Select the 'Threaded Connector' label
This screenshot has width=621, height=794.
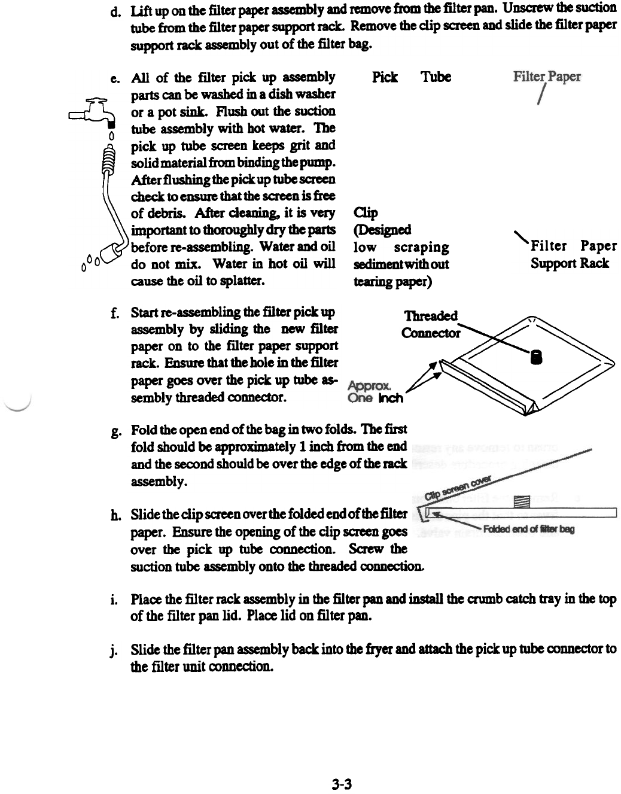(x=431, y=324)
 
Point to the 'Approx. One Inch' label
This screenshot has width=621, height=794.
(x=375, y=392)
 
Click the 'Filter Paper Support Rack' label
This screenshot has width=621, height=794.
(x=573, y=254)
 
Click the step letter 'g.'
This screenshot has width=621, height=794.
(x=113, y=431)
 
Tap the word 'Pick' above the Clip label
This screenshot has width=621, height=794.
(x=385, y=77)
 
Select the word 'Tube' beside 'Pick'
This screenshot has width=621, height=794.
(x=436, y=77)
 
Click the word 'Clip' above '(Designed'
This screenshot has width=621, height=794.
(x=366, y=213)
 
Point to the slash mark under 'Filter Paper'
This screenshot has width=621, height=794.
(x=541, y=96)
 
